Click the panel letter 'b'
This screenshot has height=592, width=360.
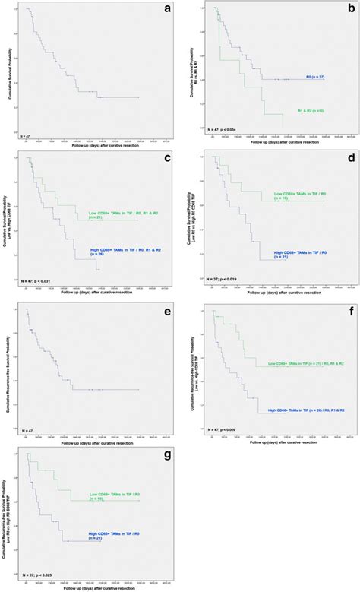click(348, 9)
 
